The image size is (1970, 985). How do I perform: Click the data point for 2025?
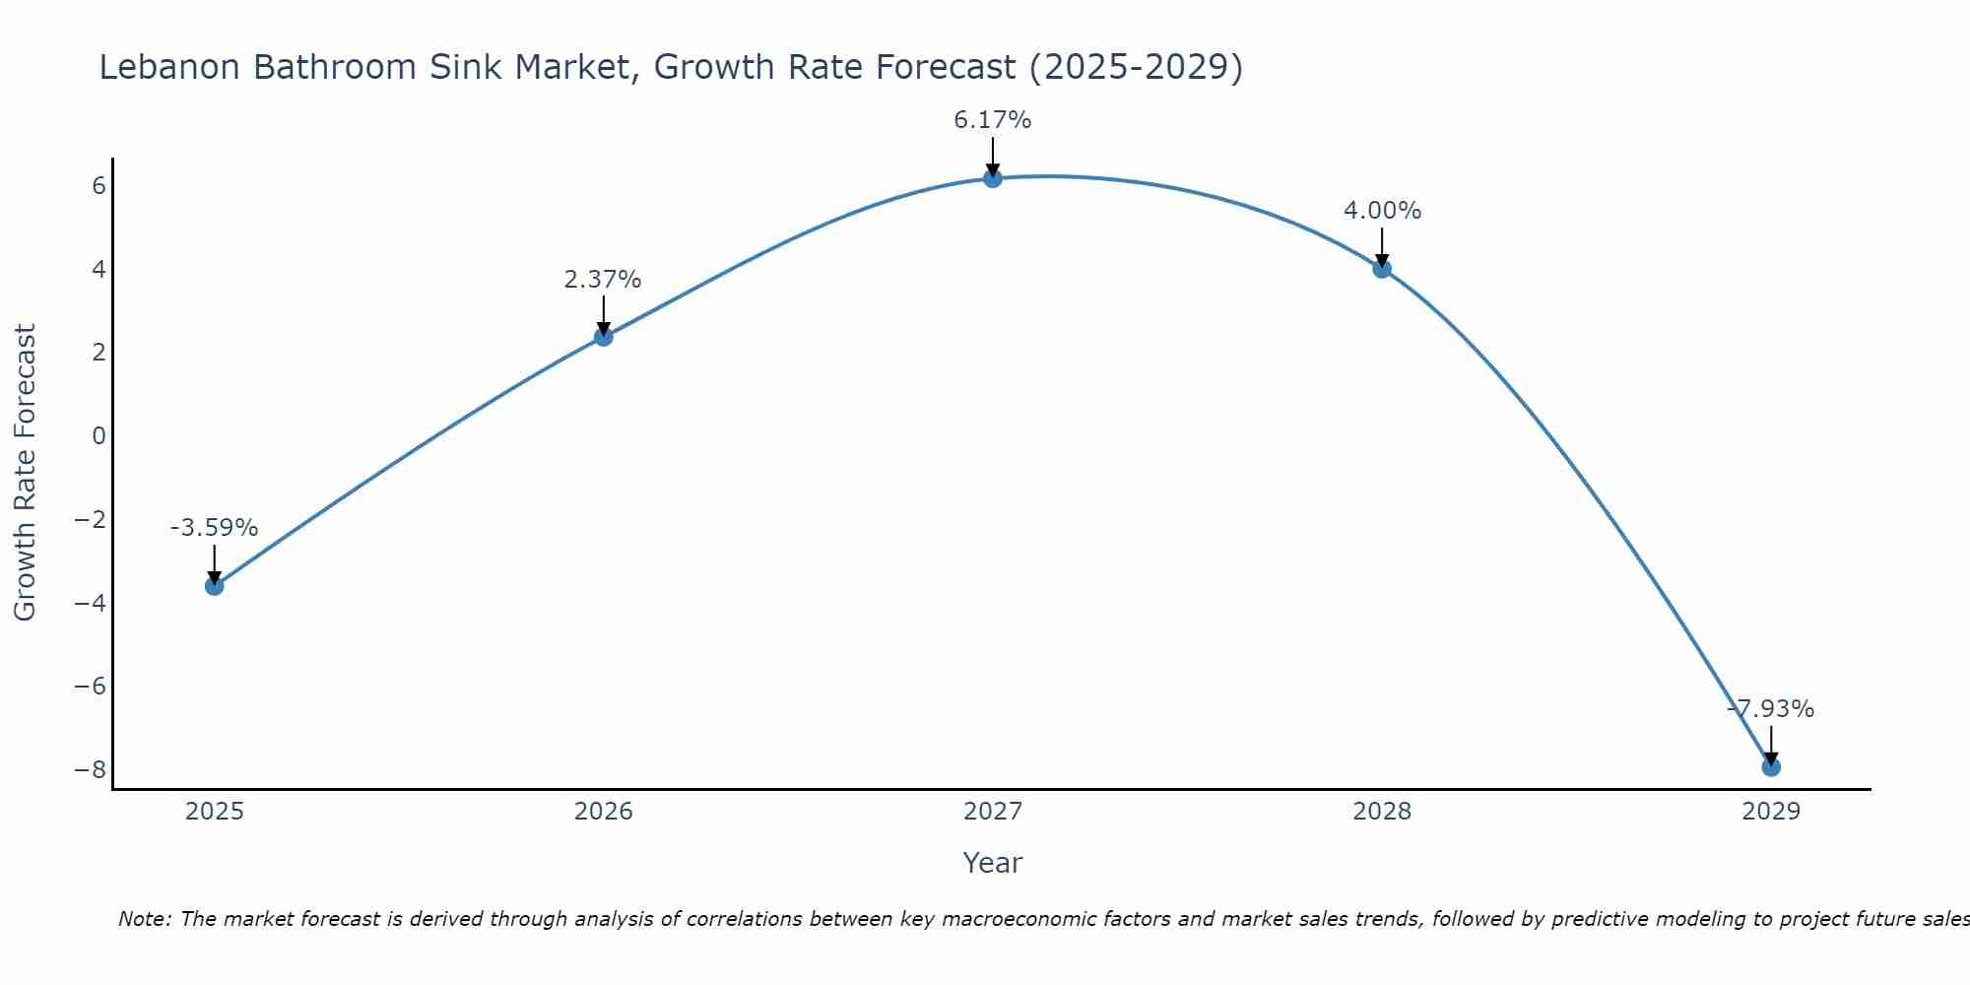[x=215, y=586]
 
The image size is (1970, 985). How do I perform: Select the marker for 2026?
[x=604, y=337]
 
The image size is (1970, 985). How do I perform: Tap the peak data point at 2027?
[x=993, y=178]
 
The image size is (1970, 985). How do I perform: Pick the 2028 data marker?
[x=1382, y=269]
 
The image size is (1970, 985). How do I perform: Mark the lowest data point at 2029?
[x=1771, y=767]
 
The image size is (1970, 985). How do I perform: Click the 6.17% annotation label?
[x=993, y=120]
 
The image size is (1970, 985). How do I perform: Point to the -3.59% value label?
[x=214, y=528]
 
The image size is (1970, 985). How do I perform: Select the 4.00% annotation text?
[x=1382, y=211]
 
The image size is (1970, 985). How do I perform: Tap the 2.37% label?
[x=603, y=280]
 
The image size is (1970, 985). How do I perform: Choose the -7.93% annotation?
[x=1771, y=709]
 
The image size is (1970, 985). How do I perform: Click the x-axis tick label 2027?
[x=993, y=812]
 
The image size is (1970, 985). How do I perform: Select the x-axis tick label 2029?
[x=1771, y=812]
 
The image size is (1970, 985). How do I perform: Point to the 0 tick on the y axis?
[x=98, y=435]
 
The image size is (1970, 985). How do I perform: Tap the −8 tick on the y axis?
[x=90, y=768]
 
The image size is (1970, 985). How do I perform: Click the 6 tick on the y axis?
[x=98, y=185]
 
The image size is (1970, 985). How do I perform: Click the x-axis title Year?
[x=993, y=863]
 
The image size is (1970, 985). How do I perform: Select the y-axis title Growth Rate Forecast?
[x=25, y=473]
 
